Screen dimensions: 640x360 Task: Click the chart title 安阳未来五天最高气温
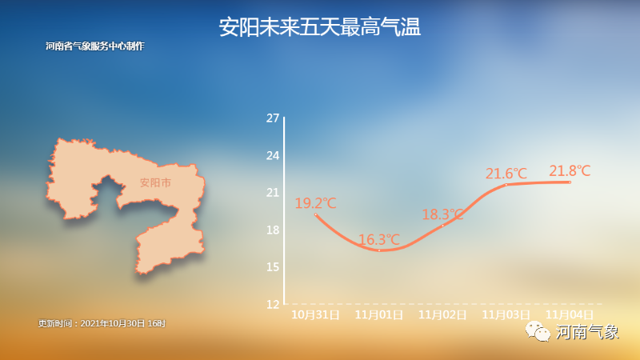[x=319, y=27]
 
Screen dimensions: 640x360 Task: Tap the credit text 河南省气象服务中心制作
[x=95, y=46]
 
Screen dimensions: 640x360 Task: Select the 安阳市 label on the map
[x=155, y=182]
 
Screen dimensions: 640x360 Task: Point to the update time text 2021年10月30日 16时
[x=123, y=324]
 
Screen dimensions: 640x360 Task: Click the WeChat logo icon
[x=538, y=331]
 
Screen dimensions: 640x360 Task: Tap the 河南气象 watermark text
[x=587, y=332]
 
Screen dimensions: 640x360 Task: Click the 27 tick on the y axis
[x=273, y=118]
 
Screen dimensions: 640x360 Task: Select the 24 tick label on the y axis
[x=273, y=155]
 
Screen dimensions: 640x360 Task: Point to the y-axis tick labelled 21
[x=273, y=193]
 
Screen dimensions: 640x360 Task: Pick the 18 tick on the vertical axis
[x=273, y=230]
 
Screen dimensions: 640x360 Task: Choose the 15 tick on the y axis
[x=273, y=267]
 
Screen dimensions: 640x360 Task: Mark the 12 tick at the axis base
[x=273, y=304]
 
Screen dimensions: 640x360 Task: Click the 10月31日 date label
[x=315, y=314]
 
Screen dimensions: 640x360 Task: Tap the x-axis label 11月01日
[x=379, y=314]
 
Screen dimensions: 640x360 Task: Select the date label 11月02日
[x=443, y=314]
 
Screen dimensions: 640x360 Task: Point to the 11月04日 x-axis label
[x=570, y=314]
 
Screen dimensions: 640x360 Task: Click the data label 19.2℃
[x=315, y=203]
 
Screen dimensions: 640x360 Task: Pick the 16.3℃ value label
[x=379, y=239]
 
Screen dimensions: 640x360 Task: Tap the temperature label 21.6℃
[x=506, y=174]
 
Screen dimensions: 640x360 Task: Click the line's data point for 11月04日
[x=570, y=182]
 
